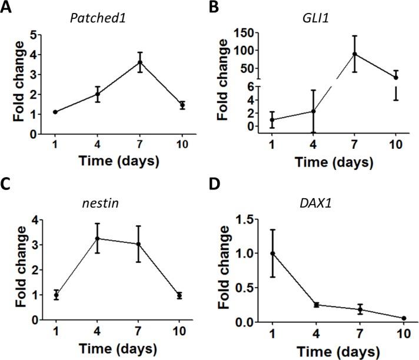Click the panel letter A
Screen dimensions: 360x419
click(8, 9)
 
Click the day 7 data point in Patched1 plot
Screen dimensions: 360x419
click(140, 62)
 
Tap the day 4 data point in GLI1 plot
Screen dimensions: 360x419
click(314, 111)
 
